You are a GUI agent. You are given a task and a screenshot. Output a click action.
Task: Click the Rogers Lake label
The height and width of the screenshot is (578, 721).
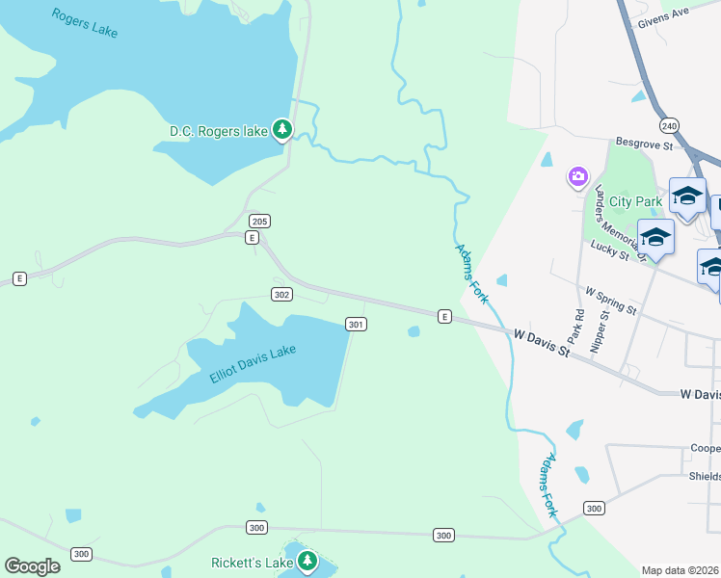click(x=85, y=23)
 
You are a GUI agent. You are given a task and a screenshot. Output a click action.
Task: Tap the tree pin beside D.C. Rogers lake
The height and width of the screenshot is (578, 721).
click(x=281, y=129)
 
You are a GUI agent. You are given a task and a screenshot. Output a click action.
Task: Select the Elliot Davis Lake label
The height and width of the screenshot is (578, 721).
click(x=253, y=364)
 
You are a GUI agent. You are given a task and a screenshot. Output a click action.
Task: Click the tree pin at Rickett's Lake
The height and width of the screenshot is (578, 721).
click(x=307, y=561)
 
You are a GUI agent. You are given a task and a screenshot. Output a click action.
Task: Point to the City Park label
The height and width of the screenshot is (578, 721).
click(x=635, y=201)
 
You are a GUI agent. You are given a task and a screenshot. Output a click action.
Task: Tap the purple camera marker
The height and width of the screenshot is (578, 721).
click(x=577, y=176)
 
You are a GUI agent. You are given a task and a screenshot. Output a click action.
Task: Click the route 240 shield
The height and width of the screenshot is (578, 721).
click(x=669, y=126)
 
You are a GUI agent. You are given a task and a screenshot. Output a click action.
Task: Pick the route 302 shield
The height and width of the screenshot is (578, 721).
click(x=281, y=294)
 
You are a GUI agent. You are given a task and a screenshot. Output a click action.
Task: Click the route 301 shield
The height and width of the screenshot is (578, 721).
click(x=356, y=325)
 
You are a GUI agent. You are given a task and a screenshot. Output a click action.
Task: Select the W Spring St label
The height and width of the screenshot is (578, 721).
click(x=611, y=300)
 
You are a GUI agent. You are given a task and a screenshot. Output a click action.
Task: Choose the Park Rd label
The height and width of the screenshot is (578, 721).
click(x=577, y=327)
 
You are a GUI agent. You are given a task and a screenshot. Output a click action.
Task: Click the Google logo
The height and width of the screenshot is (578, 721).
click(x=32, y=566)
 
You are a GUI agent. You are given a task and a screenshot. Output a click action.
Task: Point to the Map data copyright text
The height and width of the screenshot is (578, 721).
click(x=681, y=570)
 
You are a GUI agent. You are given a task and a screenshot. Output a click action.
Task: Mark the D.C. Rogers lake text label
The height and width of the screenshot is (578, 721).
click(x=218, y=131)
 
